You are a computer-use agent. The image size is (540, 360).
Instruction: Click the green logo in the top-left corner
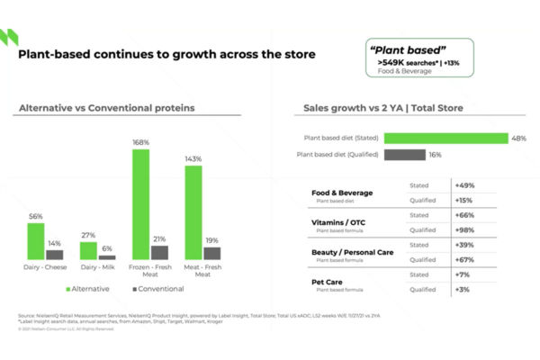[x=12, y=37]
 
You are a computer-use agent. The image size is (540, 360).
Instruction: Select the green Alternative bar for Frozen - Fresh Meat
[x=140, y=205]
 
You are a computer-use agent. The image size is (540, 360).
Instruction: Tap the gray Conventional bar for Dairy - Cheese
[x=55, y=255]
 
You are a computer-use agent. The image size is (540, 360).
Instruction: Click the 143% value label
[x=193, y=158]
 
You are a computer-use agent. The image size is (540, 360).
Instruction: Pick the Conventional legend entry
[x=157, y=289]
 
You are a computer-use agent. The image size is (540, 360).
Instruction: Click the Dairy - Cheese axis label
[x=45, y=268]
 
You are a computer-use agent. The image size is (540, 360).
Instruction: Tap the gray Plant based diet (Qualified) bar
[x=405, y=155]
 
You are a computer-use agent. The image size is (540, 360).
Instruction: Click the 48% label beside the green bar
[x=517, y=138]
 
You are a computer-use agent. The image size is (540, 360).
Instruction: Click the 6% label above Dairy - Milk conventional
[x=107, y=247]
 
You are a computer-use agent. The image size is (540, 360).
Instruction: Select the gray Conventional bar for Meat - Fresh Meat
[x=211, y=253]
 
